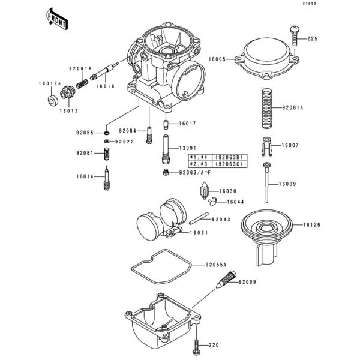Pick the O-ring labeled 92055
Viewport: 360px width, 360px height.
click(x=106, y=131)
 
